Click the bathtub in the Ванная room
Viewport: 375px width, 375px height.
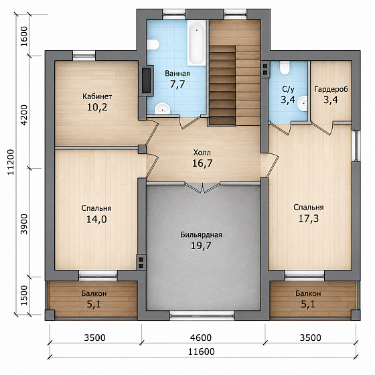click(197, 43)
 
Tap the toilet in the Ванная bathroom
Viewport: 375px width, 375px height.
click(153, 45)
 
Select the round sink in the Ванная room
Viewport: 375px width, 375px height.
click(162, 108)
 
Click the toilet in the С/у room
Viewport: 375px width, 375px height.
click(285, 68)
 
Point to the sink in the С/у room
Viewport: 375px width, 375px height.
click(303, 103)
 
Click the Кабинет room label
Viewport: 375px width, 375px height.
click(97, 96)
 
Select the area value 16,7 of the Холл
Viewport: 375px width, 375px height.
click(202, 163)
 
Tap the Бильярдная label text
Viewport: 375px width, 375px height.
click(201, 235)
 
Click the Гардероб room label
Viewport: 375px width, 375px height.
click(331, 89)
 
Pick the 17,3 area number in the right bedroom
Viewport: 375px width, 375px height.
click(309, 218)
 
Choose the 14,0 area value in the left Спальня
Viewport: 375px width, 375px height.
click(96, 219)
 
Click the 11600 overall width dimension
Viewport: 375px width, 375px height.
click(202, 352)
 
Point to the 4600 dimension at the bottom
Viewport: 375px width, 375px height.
click(201, 337)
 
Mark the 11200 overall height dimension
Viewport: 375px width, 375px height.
click(11, 162)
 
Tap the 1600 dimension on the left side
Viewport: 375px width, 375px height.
click(24, 37)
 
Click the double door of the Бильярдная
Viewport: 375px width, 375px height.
click(203, 187)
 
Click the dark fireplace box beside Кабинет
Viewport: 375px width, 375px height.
click(147, 80)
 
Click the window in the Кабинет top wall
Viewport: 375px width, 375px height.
click(84, 56)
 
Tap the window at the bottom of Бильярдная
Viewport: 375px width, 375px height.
click(202, 315)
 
